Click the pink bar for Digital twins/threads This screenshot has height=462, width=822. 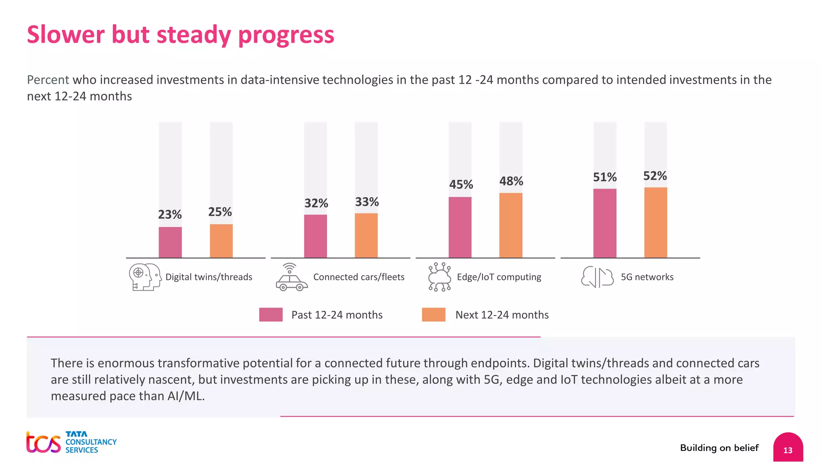(x=170, y=242)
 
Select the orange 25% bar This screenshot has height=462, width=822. (x=221, y=241)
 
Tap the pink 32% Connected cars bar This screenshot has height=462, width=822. (x=315, y=236)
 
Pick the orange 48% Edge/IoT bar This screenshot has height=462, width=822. (x=511, y=225)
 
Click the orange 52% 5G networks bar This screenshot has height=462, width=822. (x=655, y=222)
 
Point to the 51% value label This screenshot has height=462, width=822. (x=604, y=177)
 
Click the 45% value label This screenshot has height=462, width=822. (x=461, y=184)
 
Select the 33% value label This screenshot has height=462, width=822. (x=366, y=202)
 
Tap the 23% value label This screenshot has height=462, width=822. (x=170, y=215)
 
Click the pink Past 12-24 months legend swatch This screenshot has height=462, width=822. (x=271, y=315)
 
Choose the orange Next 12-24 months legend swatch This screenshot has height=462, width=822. (x=433, y=315)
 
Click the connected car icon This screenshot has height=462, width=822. (x=291, y=278)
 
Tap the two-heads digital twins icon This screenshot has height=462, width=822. (x=145, y=277)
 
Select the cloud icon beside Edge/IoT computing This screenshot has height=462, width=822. (x=439, y=277)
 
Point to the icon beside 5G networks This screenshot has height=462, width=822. (x=597, y=277)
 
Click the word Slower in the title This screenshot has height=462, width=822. (x=66, y=34)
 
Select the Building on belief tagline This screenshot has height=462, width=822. (x=719, y=448)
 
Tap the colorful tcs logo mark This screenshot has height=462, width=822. (x=43, y=443)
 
